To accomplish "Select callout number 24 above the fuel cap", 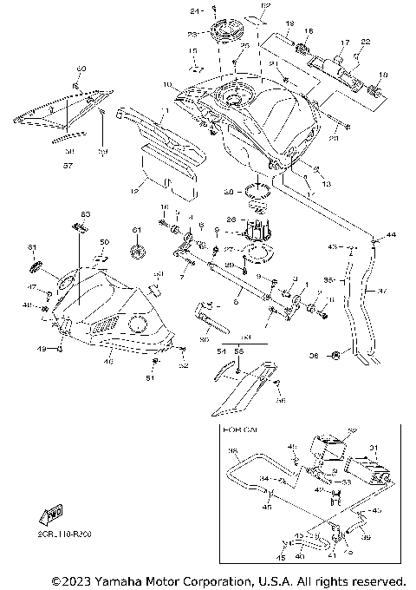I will [x=193, y=11].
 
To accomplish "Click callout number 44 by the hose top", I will [x=390, y=235].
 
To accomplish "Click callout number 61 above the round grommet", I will [x=135, y=229].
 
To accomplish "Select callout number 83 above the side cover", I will [x=85, y=213].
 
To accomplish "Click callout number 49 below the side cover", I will [x=40, y=349].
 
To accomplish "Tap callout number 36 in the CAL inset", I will [x=232, y=451].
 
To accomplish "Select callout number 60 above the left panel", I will [x=81, y=68].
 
